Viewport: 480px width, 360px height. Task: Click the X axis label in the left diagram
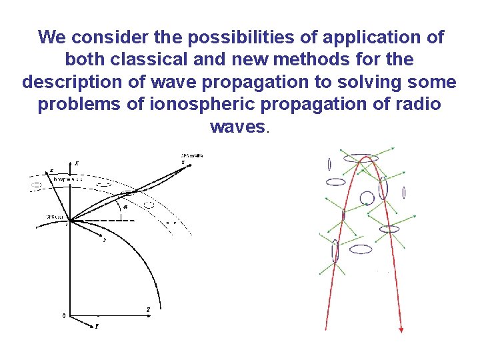77,163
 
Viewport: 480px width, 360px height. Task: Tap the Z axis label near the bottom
148,309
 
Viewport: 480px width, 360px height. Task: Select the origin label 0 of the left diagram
63,316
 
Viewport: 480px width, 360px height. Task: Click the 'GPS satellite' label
192,156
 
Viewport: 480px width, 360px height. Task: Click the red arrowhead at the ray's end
402,329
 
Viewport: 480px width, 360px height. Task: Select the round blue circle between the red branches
367,197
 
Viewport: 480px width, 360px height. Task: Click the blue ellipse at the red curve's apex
361,159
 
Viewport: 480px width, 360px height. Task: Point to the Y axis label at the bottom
96,327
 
